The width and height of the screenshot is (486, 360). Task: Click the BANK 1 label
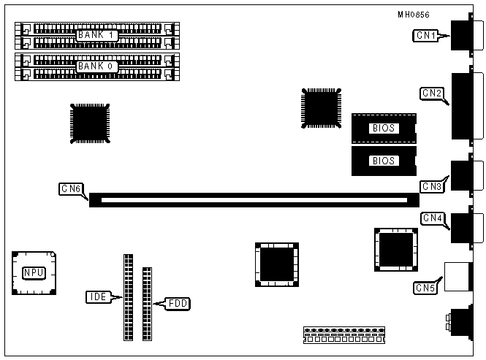click(96, 34)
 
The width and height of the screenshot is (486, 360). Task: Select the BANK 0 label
click(96, 66)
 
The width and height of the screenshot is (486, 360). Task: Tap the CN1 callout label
click(426, 35)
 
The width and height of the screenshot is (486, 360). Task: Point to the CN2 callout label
click(432, 93)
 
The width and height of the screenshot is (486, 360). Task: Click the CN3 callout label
click(432, 186)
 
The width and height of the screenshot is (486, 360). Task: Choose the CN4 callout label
click(432, 218)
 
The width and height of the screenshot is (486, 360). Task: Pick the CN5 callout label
click(425, 287)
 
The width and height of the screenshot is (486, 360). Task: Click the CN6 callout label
click(70, 189)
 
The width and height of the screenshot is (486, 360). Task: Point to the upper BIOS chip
click(383, 128)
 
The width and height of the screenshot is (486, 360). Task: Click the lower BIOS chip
click(383, 161)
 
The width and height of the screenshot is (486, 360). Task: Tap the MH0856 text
click(414, 14)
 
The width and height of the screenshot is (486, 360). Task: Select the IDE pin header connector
click(129, 297)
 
